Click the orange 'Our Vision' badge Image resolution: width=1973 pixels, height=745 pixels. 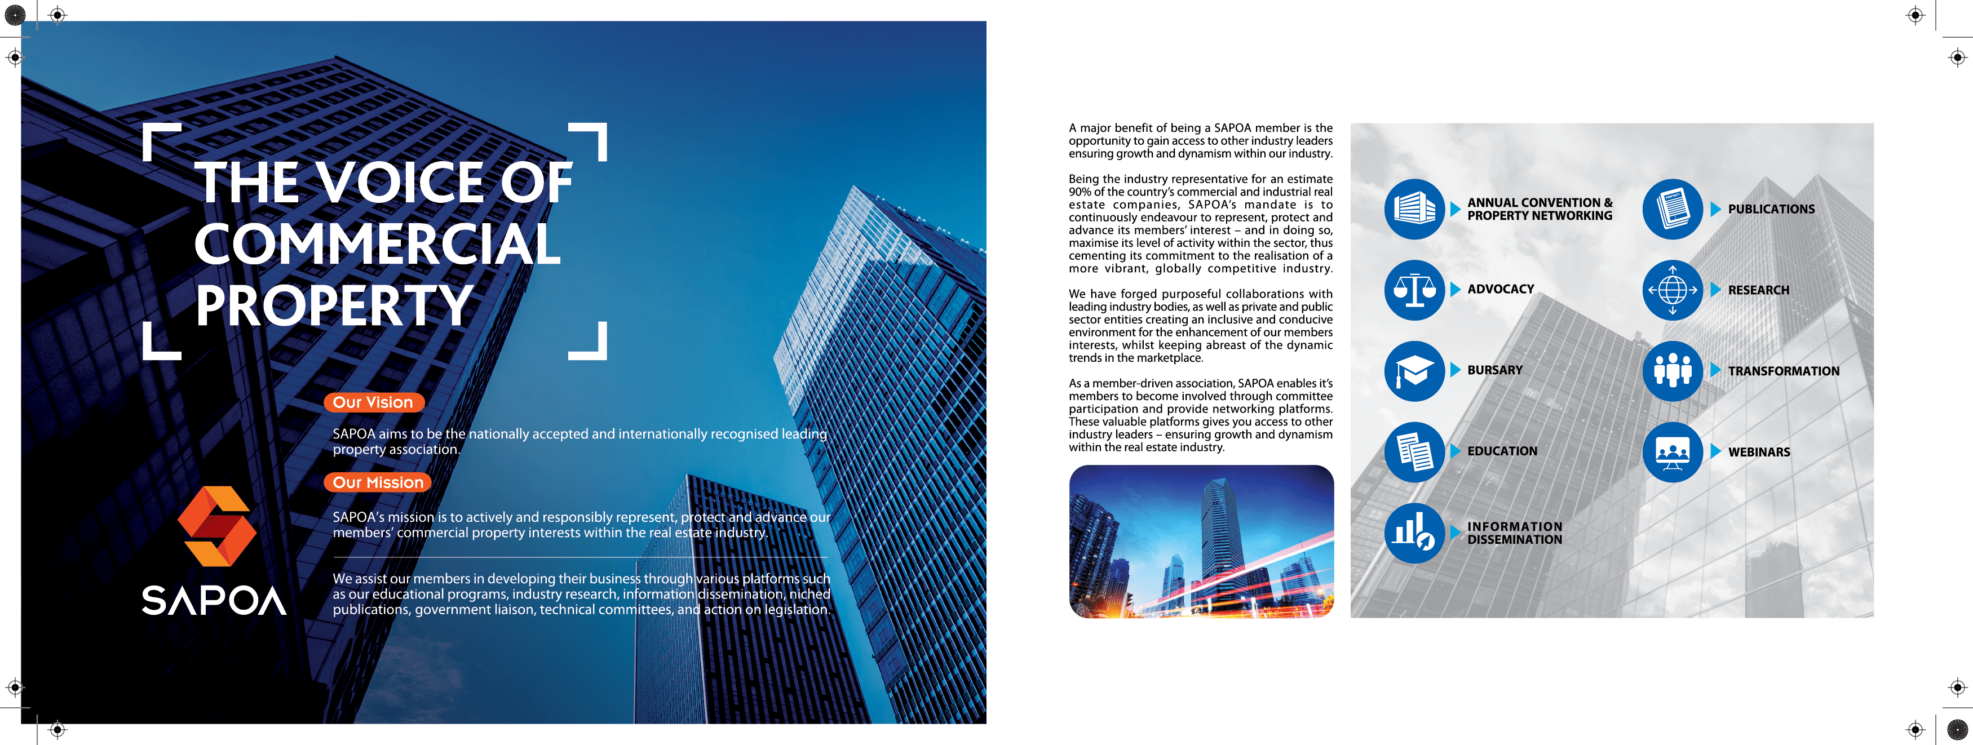373,402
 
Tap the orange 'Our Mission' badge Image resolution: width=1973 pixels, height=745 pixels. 378,482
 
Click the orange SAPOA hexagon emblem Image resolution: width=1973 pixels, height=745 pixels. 217,526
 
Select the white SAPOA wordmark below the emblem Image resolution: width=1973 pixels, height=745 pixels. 214,601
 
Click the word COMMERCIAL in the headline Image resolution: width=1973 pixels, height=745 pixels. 378,244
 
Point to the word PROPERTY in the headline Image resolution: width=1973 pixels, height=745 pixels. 334,305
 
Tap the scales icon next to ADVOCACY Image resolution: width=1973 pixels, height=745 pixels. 1414,290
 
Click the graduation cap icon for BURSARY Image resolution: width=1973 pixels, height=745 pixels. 1414,371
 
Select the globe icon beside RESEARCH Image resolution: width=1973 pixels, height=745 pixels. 1672,290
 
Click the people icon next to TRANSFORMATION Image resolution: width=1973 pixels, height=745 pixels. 1672,371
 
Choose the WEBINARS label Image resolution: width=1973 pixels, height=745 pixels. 1759,453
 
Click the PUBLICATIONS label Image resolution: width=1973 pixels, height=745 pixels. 1771,209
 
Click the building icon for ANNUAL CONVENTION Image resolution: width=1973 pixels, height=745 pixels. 1414,209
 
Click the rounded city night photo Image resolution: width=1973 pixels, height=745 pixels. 1201,542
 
